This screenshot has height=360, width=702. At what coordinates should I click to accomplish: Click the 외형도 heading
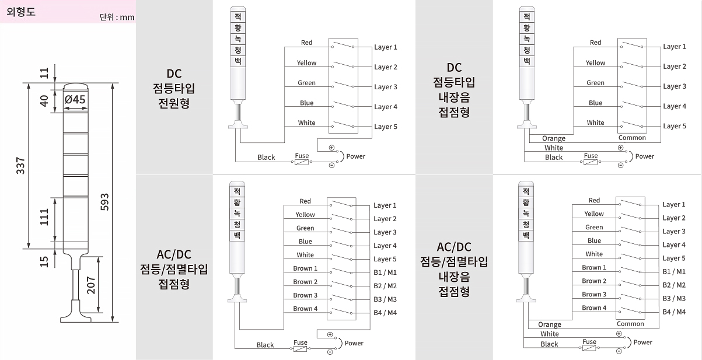(x=21, y=11)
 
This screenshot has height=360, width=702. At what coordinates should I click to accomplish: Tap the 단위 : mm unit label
(x=117, y=17)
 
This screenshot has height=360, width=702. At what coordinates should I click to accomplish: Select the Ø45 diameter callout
(x=75, y=99)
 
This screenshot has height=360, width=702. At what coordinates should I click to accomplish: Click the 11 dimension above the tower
(x=44, y=73)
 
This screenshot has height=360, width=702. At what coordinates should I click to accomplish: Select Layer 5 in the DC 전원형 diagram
(x=385, y=127)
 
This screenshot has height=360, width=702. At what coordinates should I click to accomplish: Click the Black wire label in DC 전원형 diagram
(x=266, y=157)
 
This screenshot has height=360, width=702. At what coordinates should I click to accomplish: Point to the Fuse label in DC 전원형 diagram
(x=302, y=156)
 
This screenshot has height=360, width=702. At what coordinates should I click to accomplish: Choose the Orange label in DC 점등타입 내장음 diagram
(x=553, y=138)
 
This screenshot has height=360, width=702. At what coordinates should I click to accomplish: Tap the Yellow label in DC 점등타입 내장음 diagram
(x=595, y=62)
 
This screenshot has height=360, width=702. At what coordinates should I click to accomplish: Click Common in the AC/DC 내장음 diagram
(x=630, y=324)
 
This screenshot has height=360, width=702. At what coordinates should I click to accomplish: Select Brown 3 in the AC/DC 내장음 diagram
(x=594, y=294)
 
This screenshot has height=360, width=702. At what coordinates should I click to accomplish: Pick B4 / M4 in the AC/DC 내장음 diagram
(x=674, y=312)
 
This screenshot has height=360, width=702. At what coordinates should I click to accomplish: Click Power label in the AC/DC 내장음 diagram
(x=642, y=342)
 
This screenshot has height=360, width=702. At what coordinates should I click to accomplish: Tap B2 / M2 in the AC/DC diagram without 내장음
(x=385, y=285)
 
